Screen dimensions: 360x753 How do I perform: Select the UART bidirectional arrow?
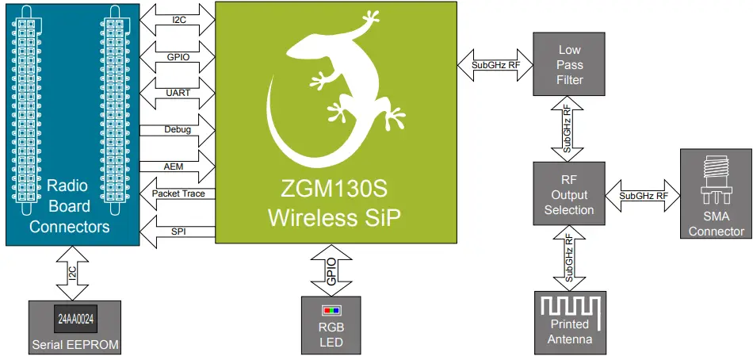[178, 92]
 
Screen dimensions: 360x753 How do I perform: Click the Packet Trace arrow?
[178, 193]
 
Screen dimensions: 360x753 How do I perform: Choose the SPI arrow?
[178, 231]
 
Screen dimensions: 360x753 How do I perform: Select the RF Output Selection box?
[569, 194]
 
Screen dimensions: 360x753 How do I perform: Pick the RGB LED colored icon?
[331, 310]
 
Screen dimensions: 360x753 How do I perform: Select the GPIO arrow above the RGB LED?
[331, 270]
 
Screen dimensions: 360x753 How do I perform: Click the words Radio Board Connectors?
[69, 206]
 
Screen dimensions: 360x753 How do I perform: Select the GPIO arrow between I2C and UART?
[178, 56]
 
